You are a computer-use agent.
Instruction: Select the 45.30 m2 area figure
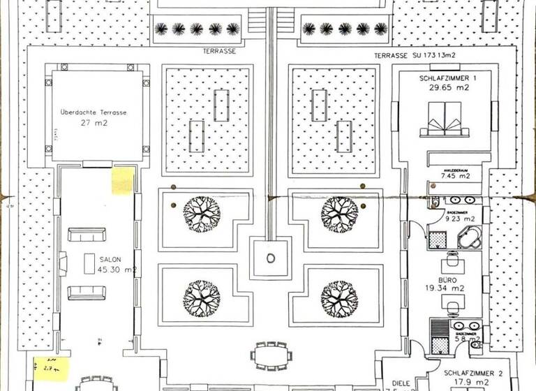[117, 269]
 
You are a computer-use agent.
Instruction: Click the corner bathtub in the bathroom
[470, 237]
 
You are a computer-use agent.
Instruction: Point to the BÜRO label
[448, 277]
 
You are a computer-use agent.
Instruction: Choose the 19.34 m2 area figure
[448, 287]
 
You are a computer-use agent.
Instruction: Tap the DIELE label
[400, 383]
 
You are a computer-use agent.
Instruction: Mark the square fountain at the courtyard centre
[270, 258]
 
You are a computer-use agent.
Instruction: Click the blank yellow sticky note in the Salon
[123, 182]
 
